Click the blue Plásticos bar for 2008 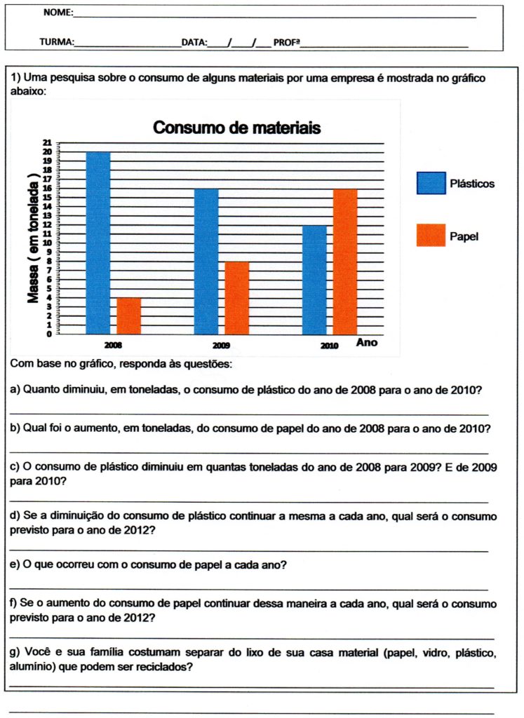pyautogui.click(x=98, y=243)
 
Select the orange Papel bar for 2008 pyautogui.click(x=129, y=316)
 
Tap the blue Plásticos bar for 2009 pyautogui.click(x=206, y=261)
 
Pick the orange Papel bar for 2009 pyautogui.click(x=237, y=297)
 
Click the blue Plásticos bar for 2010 pyautogui.click(x=314, y=279)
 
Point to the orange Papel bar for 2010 pyautogui.click(x=345, y=261)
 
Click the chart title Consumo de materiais pyautogui.click(x=237, y=128)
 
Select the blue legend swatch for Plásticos pyautogui.click(x=431, y=183)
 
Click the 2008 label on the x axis pyautogui.click(x=113, y=346)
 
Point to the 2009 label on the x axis pyautogui.click(x=221, y=346)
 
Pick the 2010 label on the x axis pyautogui.click(x=330, y=346)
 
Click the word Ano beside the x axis pyautogui.click(x=367, y=343)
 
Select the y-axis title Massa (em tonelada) pyautogui.click(x=32, y=238)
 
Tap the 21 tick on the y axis pyautogui.click(x=48, y=143)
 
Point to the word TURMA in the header pyautogui.click(x=57, y=42)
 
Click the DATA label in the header pyautogui.click(x=194, y=42)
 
